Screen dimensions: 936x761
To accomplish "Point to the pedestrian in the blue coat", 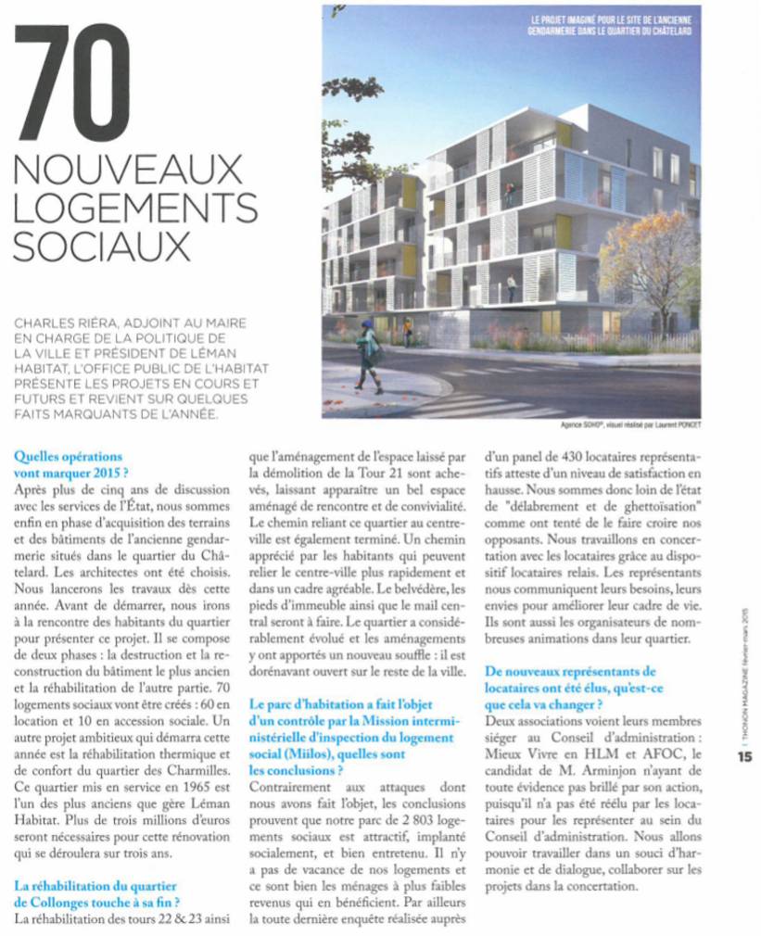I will point(369,352).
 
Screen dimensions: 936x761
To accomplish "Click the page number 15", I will point(745,755).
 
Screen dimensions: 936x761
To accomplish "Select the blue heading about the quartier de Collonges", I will point(96,894).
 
